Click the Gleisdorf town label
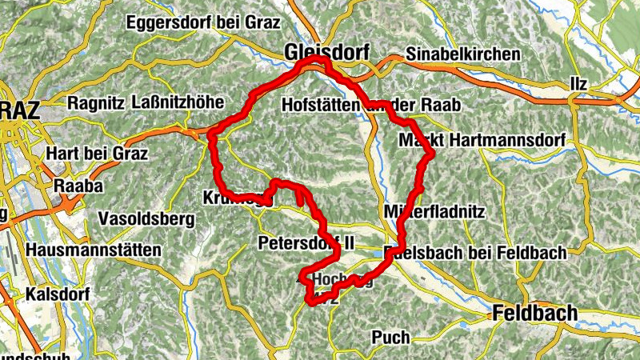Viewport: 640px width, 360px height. tap(326, 53)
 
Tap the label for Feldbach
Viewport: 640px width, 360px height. tap(534, 313)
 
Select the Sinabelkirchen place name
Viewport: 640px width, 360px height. tap(463, 54)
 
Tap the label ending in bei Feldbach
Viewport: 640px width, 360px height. tap(478, 253)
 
